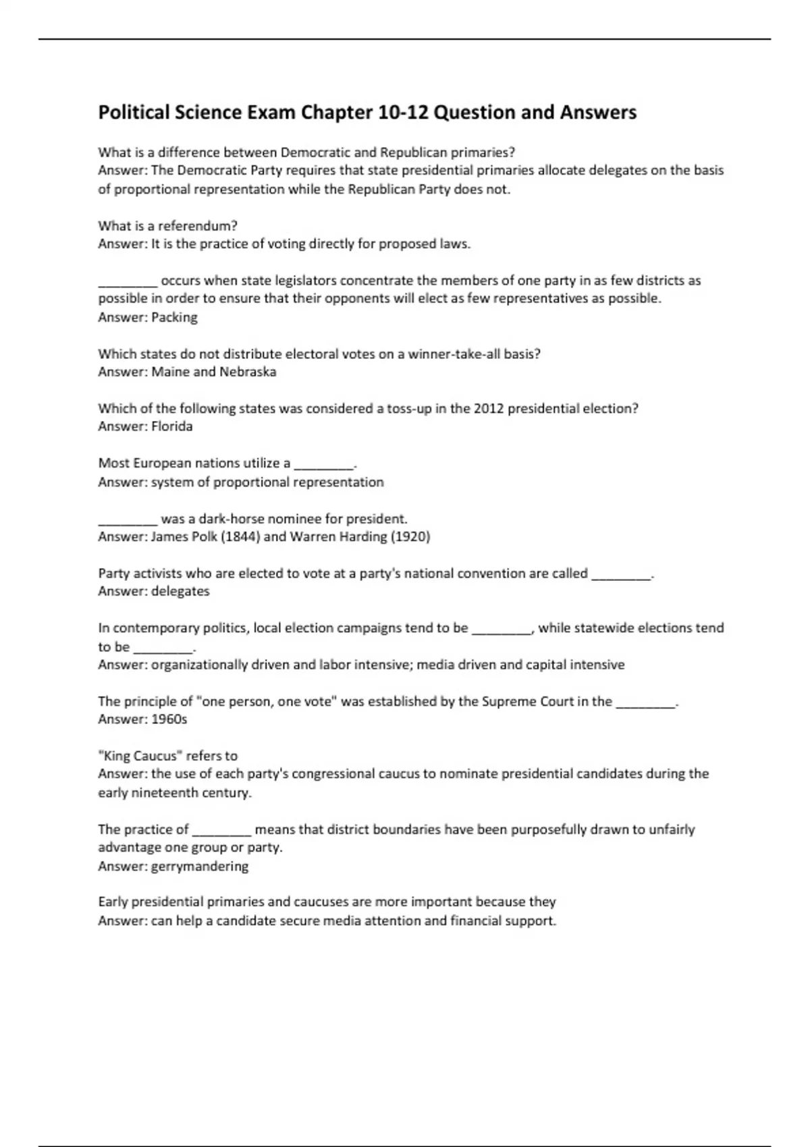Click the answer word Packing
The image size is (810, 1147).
(x=174, y=317)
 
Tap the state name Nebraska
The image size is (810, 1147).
(x=248, y=372)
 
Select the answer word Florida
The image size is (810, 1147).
(x=172, y=426)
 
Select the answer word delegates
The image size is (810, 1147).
(x=180, y=591)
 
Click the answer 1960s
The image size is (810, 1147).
(x=169, y=719)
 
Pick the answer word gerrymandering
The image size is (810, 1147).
(x=200, y=866)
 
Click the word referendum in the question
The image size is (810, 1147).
(x=197, y=225)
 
